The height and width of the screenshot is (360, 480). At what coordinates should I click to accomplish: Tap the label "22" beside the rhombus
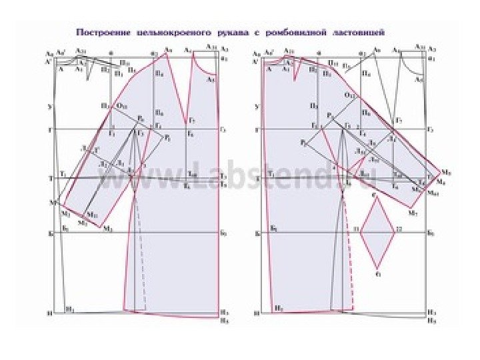coord(399,229)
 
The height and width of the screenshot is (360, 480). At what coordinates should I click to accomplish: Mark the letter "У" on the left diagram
coord(50,106)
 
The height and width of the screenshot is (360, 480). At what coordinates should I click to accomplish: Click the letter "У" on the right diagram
coord(257,106)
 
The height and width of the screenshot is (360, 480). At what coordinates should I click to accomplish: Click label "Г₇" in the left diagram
coord(192,120)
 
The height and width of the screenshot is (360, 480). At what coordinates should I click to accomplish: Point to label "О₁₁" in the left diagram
coord(123,105)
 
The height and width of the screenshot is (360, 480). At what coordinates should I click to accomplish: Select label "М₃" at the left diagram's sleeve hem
coord(107,228)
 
